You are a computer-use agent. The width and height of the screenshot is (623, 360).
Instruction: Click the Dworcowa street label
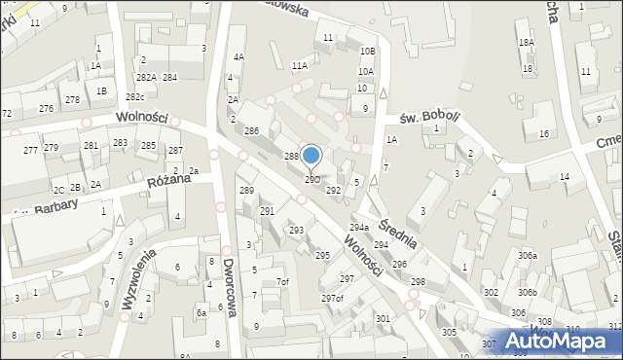pos(230,293)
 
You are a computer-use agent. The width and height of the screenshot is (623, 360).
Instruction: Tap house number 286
pos(250,130)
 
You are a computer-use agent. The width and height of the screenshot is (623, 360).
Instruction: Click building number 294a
pos(358,227)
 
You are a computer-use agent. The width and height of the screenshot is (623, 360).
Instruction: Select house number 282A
pos(146,77)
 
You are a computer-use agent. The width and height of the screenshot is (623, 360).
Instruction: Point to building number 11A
pos(300,65)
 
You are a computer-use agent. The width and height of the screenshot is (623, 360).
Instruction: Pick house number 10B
pos(367,51)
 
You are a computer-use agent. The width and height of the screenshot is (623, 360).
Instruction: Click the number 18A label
pos(526,43)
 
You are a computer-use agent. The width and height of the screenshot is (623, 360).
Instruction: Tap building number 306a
pos(527,255)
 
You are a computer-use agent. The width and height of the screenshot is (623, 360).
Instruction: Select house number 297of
pos(332,298)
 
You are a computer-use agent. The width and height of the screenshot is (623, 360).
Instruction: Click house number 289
pos(246,191)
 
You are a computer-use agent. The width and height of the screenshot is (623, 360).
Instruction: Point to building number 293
pos(296,231)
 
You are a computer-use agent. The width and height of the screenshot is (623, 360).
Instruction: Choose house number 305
pos(449,332)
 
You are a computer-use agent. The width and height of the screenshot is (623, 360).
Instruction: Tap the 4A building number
pos(238,57)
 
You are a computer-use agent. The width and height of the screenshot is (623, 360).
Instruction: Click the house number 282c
pos(135,97)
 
